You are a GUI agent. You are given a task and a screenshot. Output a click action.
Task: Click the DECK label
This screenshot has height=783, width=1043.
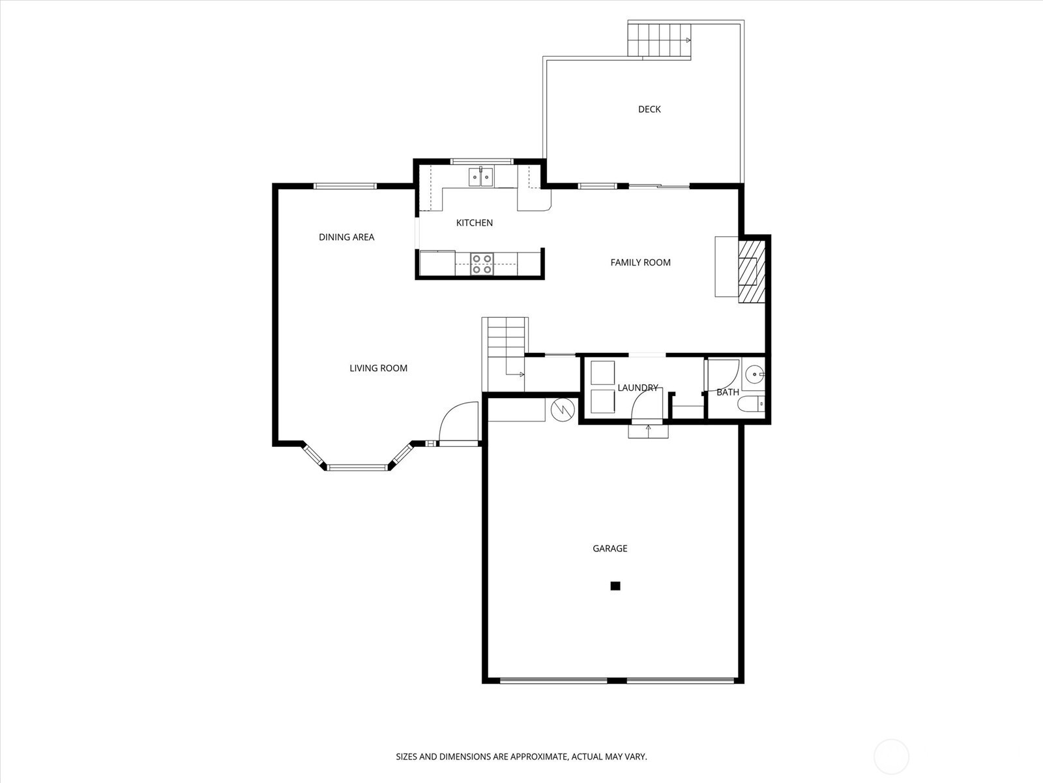pos(649,110)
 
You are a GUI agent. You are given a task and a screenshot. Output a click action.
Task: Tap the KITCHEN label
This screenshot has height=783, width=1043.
pos(474,223)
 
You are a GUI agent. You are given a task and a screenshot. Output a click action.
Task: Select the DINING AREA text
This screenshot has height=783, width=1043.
pos(346,237)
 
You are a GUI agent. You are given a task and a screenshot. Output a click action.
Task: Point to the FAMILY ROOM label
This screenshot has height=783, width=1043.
pos(640,262)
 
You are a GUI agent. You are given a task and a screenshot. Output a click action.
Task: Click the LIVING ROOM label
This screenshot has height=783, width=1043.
pos(378,368)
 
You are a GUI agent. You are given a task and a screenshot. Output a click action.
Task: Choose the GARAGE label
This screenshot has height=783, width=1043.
pos(610,548)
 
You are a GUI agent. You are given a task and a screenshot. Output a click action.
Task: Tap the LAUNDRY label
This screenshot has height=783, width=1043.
pos(638,388)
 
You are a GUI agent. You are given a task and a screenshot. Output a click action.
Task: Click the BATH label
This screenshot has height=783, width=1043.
pos(727,392)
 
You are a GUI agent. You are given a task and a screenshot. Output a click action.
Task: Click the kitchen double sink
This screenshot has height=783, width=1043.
pos(481,177)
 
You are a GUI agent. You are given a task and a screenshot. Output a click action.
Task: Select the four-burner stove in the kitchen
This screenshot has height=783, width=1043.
pos(482,264)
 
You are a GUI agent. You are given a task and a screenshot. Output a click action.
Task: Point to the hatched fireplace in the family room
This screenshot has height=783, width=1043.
pos(751,271)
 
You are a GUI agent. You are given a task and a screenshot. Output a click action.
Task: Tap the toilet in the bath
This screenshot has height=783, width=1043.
pos(751,404)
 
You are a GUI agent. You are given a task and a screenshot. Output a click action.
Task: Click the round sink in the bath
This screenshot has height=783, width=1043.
pos(755,375)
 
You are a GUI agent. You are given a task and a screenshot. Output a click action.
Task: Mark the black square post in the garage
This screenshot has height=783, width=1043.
pos(615,586)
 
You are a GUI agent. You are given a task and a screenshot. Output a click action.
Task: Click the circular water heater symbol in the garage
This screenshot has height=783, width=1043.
pos(563,410)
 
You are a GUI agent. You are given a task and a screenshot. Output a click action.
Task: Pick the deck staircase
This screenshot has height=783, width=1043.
pos(659,40)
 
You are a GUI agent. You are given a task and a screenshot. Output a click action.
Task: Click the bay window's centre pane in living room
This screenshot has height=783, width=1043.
pos(357,468)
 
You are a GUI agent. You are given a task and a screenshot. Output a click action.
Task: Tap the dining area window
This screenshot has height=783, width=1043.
pos(345,186)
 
